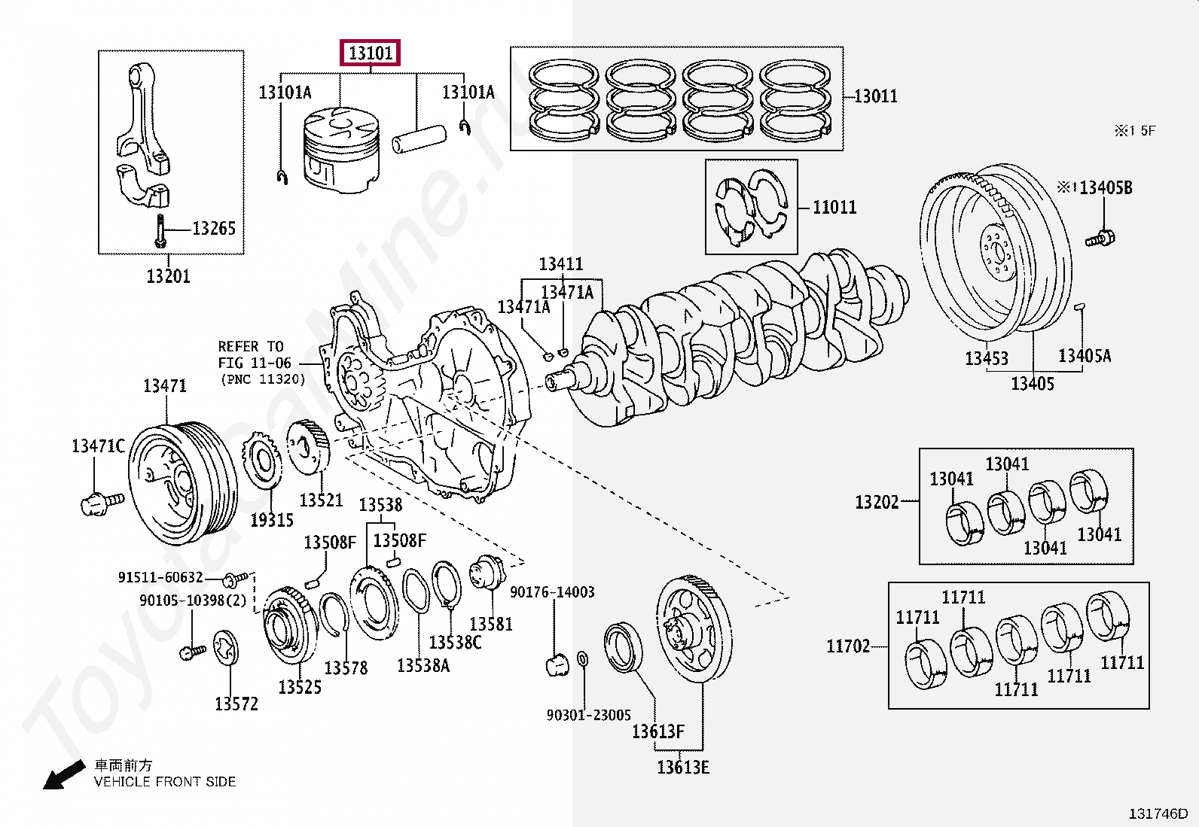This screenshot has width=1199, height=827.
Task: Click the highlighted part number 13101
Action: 370,53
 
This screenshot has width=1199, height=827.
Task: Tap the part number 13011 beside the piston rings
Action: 876,96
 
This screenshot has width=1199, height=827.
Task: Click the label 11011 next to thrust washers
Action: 834,207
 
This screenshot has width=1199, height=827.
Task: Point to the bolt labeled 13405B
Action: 1100,239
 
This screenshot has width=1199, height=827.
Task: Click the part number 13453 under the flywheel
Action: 986,358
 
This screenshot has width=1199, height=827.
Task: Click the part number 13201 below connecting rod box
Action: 168,276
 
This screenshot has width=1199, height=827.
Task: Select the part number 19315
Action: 271,519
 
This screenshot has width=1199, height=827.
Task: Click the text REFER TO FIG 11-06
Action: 252,354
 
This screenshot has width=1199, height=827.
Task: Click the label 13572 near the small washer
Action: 236,704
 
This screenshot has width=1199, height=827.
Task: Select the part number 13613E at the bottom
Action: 682,767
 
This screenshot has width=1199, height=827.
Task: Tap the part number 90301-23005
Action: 588,715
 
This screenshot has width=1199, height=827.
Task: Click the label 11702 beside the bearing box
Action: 847,646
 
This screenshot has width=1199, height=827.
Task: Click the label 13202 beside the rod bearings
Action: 877,501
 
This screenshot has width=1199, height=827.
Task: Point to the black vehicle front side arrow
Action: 62,775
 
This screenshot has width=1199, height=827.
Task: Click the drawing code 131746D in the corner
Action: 1157,813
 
